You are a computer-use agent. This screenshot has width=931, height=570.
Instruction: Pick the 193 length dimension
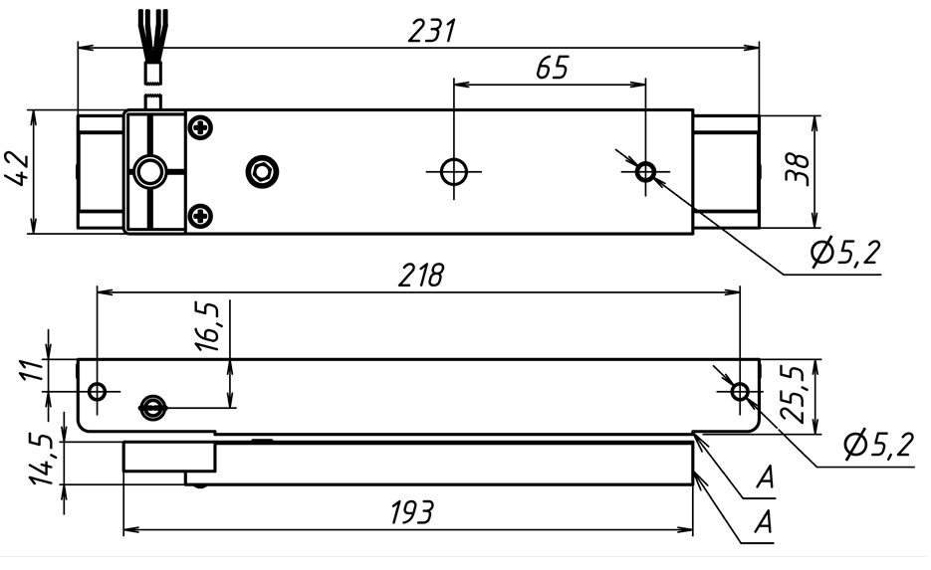pyautogui.click(x=410, y=513)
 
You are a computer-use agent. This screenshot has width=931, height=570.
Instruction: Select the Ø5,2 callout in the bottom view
pyautogui.click(x=877, y=446)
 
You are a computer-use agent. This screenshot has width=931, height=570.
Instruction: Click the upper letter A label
pyautogui.click(x=765, y=480)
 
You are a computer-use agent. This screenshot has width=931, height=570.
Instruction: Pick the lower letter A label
pyautogui.click(x=765, y=520)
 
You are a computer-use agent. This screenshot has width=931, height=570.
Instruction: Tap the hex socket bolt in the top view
pyautogui.click(x=262, y=172)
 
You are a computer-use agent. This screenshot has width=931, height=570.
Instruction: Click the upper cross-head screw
pyautogui.click(x=201, y=127)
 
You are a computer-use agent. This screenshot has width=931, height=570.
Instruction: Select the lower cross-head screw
pyautogui.click(x=201, y=214)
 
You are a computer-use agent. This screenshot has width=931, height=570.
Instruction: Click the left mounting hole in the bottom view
pyautogui.click(x=97, y=391)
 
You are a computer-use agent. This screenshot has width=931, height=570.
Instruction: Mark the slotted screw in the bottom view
pyautogui.click(x=152, y=405)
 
